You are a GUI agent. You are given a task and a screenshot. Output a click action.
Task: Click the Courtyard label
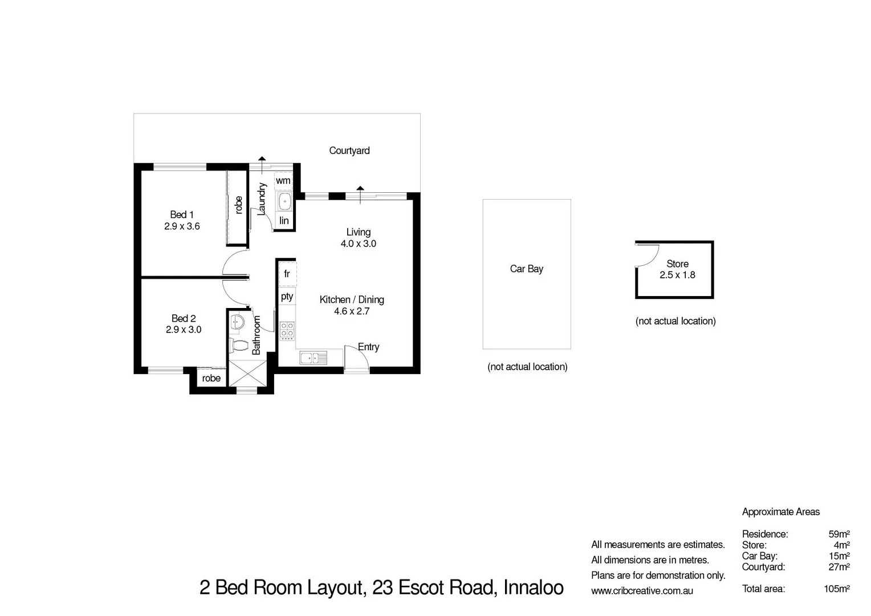pyautogui.click(x=349, y=151)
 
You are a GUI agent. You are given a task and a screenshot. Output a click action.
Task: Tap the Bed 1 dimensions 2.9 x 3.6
pyautogui.click(x=182, y=226)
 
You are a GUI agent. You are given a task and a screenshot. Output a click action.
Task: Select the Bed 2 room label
pyautogui.click(x=184, y=318)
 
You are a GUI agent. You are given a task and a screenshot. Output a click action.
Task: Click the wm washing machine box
pyautogui.click(x=283, y=181)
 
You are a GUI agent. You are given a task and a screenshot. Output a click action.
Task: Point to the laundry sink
pyautogui.click(x=284, y=201)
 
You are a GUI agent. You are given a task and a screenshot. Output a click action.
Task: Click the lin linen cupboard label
pyautogui.click(x=284, y=221)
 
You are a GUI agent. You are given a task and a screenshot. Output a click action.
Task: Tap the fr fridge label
pyautogui.click(x=287, y=274)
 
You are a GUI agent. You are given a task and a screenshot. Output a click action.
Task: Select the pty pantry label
pyautogui.click(x=287, y=296)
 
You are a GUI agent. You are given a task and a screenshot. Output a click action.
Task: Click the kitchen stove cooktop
pyautogui.click(x=287, y=330)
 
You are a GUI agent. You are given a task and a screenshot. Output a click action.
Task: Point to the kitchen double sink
pyautogui.click(x=313, y=358)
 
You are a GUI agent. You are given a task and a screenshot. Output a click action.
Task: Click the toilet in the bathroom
pyautogui.click(x=238, y=345)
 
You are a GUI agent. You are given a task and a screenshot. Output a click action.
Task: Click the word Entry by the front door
pyautogui.click(x=368, y=347)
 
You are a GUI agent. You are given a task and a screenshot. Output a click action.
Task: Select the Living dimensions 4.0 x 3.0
pyautogui.click(x=358, y=244)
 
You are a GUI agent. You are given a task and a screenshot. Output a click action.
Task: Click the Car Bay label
pyautogui.click(x=526, y=269)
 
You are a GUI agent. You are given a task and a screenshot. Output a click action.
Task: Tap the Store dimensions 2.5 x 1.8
pyautogui.click(x=677, y=275)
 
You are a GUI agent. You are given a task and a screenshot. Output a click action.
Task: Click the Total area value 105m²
pyautogui.click(x=836, y=589)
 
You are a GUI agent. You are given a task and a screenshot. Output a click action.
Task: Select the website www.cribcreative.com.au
pyautogui.click(x=642, y=591)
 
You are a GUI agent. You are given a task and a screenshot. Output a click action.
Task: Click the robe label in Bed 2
pyautogui.click(x=211, y=378)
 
